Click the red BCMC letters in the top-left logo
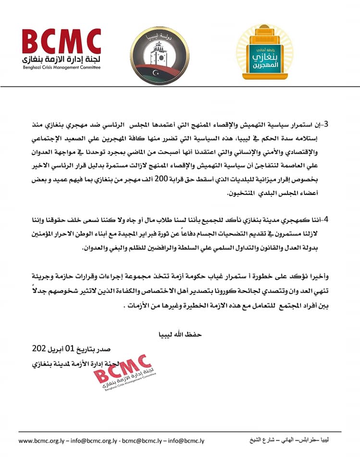tap(62, 43)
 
